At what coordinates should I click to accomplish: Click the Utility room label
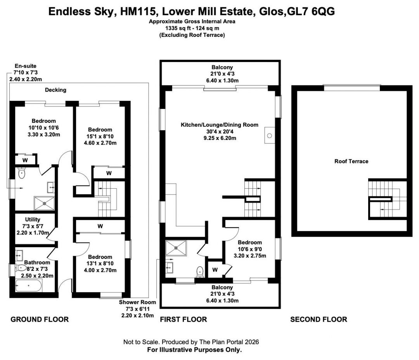(33, 219)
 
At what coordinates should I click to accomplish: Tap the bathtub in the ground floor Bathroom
(29, 286)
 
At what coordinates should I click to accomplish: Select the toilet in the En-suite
(21, 173)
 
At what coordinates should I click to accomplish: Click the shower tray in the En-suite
(44, 203)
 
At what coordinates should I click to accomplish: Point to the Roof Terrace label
(351, 161)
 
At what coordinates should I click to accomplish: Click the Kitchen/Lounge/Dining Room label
(220, 125)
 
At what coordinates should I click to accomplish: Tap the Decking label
(55, 90)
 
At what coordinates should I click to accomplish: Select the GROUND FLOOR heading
(40, 319)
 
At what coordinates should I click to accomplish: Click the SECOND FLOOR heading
(319, 319)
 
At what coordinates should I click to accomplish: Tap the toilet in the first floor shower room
(200, 271)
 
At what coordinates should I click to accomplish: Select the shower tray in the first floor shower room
(176, 248)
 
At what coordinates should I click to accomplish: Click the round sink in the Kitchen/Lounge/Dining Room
(270, 136)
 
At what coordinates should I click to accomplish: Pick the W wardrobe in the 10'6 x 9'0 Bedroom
(215, 270)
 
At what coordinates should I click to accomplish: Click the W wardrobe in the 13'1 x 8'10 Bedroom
(100, 226)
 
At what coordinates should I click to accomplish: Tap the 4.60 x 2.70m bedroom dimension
(100, 143)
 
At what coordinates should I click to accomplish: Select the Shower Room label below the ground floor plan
(137, 302)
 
